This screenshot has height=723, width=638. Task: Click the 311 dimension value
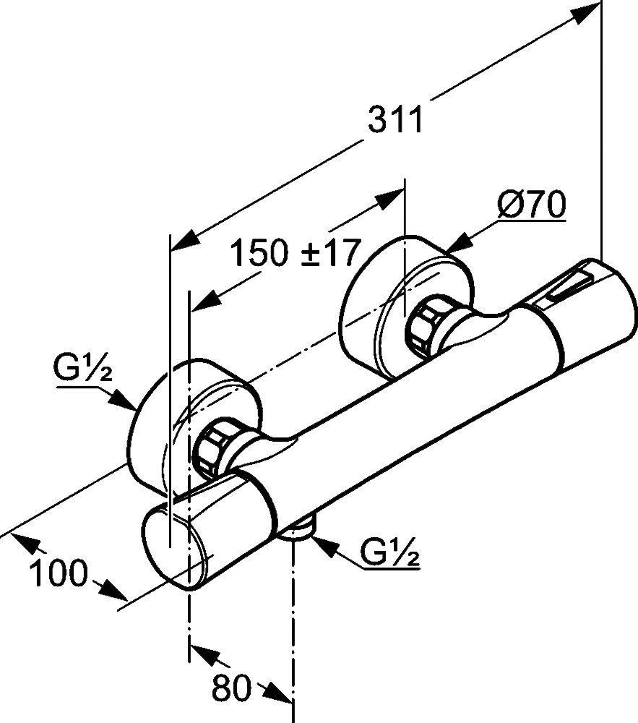click(395, 119)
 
